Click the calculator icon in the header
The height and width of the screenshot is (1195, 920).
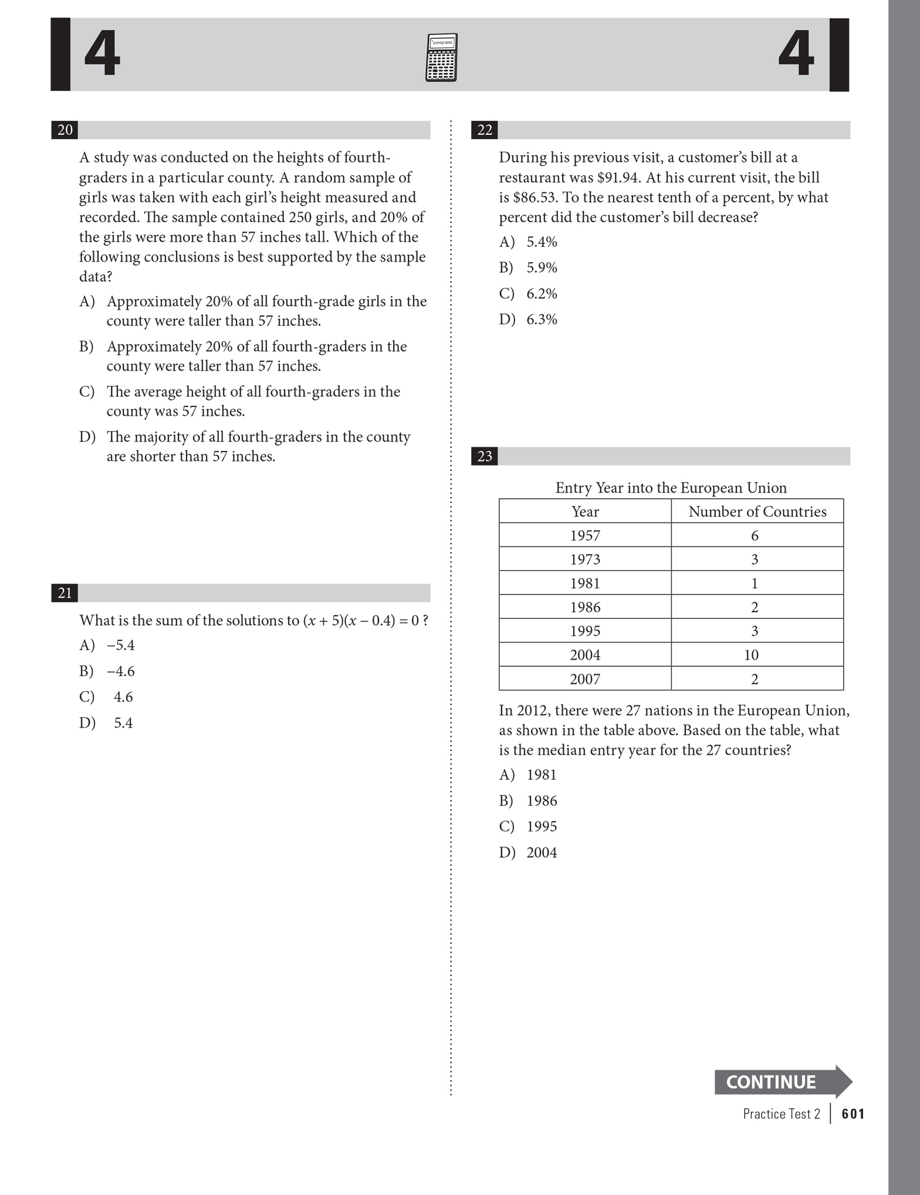(441, 57)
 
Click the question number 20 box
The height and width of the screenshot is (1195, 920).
(65, 130)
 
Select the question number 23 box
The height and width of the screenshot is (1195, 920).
(484, 456)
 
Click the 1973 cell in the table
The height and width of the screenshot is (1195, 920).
(585, 559)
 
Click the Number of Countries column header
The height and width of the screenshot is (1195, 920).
(757, 511)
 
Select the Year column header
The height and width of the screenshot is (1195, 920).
(585, 511)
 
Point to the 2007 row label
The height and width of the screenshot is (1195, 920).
(585, 679)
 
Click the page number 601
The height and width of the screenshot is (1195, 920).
(853, 1113)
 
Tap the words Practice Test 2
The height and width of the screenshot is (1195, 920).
(781, 1113)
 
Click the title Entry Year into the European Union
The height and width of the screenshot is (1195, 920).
(671, 488)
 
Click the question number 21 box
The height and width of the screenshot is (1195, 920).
(65, 593)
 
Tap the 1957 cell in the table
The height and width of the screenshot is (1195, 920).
(585, 535)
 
